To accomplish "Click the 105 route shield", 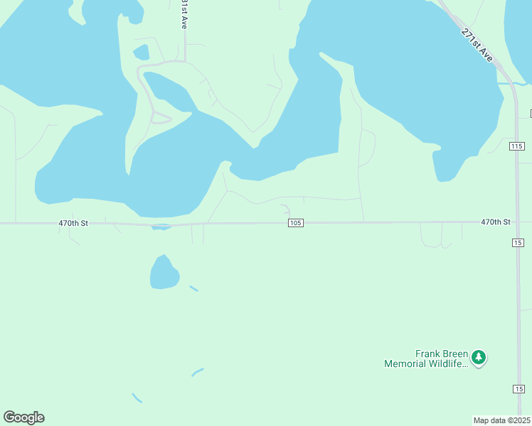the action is click(297, 223).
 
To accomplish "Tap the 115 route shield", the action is click(517, 146).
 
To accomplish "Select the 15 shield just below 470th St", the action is click(518, 243).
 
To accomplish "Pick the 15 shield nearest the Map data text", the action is click(518, 388).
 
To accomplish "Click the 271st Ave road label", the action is click(477, 44).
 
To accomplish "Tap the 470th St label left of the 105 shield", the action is click(73, 223).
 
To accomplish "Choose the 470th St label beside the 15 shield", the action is click(496, 222).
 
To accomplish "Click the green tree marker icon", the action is click(479, 357).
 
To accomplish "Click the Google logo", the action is click(23, 417).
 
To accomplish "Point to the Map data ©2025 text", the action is click(502, 420).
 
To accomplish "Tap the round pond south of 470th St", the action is click(164, 273).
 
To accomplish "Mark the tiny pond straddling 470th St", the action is click(161, 227).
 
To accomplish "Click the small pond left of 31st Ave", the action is click(141, 52).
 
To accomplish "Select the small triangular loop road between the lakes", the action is click(161, 118).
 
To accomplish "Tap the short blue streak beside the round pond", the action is click(193, 289).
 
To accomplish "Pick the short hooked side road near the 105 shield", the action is click(286, 209).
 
